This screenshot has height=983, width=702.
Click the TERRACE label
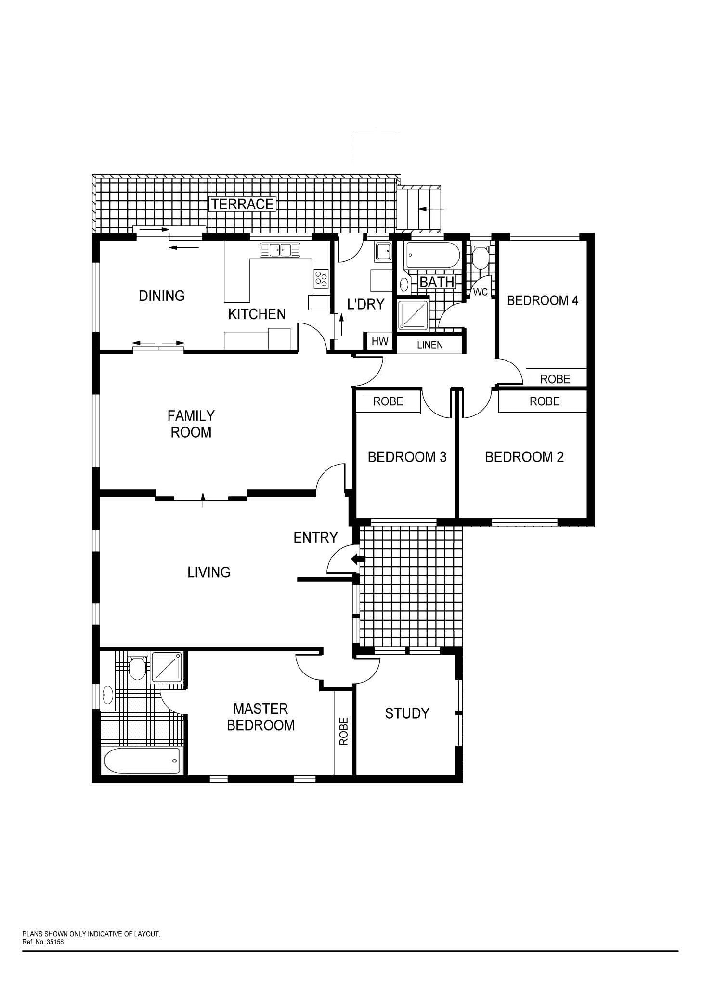[242, 204]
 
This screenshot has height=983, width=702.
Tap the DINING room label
[162, 296]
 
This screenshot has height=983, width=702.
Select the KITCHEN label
[257, 314]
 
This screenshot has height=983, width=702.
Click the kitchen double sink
[280, 250]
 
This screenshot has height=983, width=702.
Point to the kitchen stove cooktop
[321, 278]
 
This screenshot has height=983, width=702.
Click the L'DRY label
[366, 304]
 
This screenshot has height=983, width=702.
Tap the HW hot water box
[380, 342]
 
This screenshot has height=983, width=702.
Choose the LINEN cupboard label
[430, 345]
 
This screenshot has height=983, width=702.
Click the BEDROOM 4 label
[543, 301]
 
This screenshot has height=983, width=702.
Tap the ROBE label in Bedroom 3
[388, 401]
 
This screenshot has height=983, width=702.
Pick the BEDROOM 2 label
[524, 457]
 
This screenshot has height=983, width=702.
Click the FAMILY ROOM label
[191, 424]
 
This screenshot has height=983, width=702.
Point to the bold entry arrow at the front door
[358, 559]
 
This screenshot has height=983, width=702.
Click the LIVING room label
[209, 572]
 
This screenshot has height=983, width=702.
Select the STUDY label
[407, 713]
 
